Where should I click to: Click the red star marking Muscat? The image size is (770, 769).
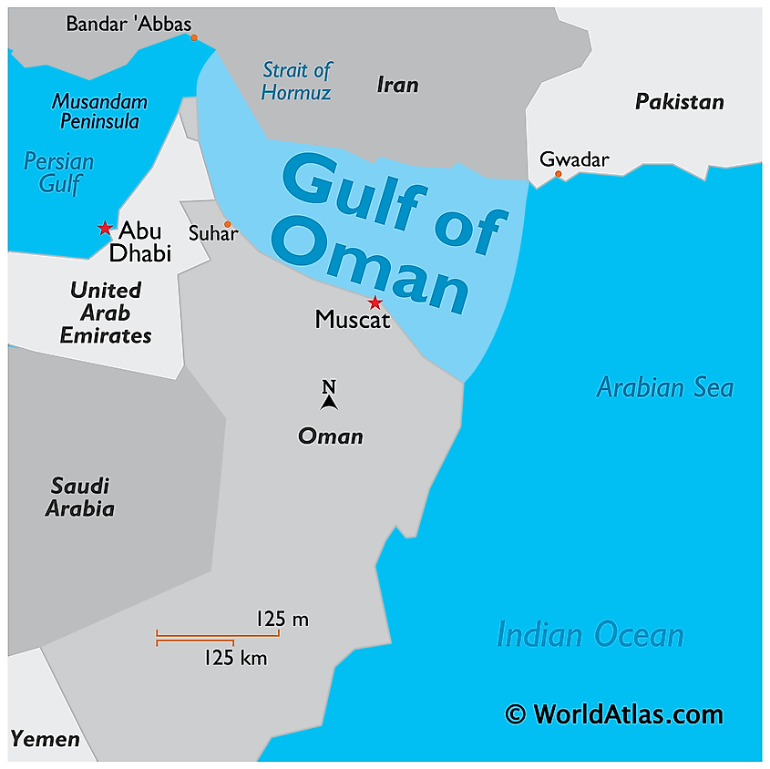click(374, 302)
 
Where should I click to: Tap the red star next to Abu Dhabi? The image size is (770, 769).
click(105, 228)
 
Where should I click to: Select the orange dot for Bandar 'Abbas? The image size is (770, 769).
click(194, 37)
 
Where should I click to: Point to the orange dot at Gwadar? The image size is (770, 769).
click(559, 174)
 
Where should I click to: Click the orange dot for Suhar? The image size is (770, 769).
click(228, 224)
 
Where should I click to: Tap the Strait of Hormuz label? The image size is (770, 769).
click(296, 81)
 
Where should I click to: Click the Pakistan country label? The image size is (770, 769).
click(679, 101)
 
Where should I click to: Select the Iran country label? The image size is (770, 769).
click(397, 85)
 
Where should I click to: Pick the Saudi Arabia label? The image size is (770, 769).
click(80, 497)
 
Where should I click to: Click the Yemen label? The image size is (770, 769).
click(46, 738)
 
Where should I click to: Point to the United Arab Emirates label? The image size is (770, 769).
click(106, 313)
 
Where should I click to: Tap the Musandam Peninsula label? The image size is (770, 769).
click(99, 110)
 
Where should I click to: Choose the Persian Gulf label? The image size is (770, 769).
click(59, 173)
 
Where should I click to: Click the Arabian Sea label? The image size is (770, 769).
click(664, 387)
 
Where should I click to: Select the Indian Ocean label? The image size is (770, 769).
click(590, 634)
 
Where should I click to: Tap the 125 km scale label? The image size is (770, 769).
click(235, 657)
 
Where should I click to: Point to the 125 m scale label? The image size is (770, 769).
click(282, 620)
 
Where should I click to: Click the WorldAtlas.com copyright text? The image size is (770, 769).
click(614, 714)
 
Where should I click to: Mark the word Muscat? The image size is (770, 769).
click(353, 320)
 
